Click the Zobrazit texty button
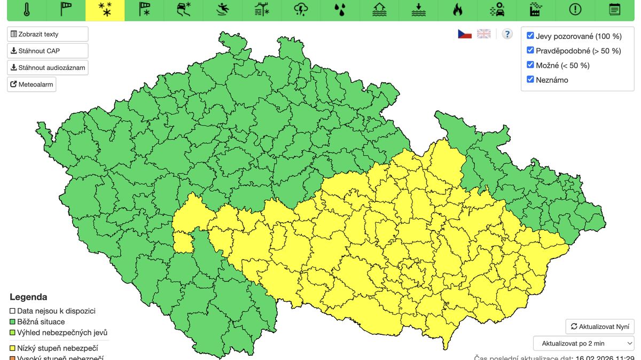[48, 34]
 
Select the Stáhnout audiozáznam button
[48, 68]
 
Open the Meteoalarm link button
[32, 84]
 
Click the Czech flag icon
[465, 34]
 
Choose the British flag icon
[484, 34]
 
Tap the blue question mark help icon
[507, 34]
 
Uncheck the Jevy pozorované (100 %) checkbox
[530, 36]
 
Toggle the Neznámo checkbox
[530, 80]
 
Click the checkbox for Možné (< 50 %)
[530, 65]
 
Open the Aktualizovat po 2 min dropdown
[583, 343]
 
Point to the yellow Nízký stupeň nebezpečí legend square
[13, 348]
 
